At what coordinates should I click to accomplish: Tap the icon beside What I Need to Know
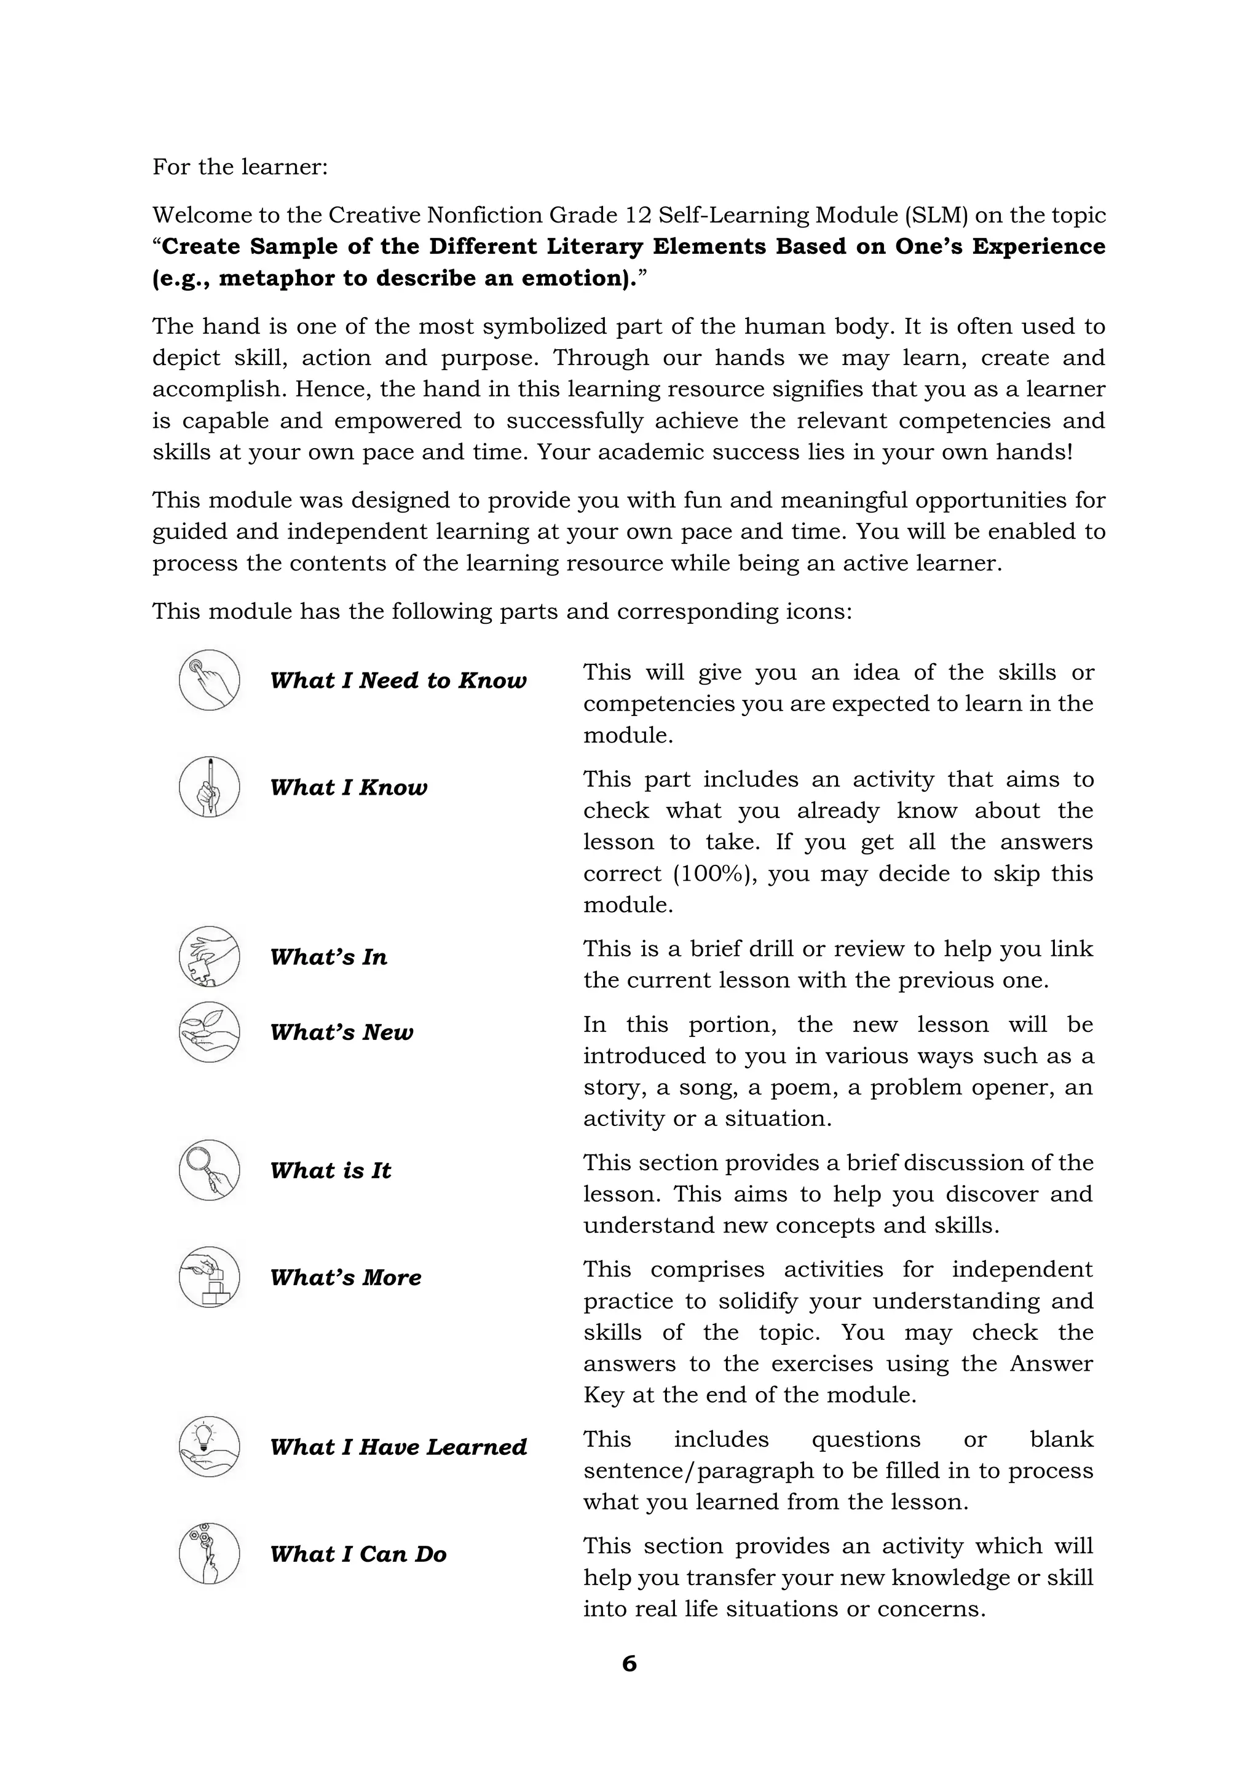tap(209, 680)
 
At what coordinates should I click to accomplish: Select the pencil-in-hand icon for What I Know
tap(209, 787)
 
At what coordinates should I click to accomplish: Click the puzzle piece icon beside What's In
tap(209, 956)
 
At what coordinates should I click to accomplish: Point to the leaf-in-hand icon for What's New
tap(209, 1032)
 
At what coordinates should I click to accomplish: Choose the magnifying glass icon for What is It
tap(209, 1170)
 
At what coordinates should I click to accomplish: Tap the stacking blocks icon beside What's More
tap(209, 1277)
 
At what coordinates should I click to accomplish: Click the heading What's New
tap(342, 1033)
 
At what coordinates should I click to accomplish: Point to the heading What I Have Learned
tap(398, 1447)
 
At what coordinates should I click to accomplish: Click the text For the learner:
tap(240, 167)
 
